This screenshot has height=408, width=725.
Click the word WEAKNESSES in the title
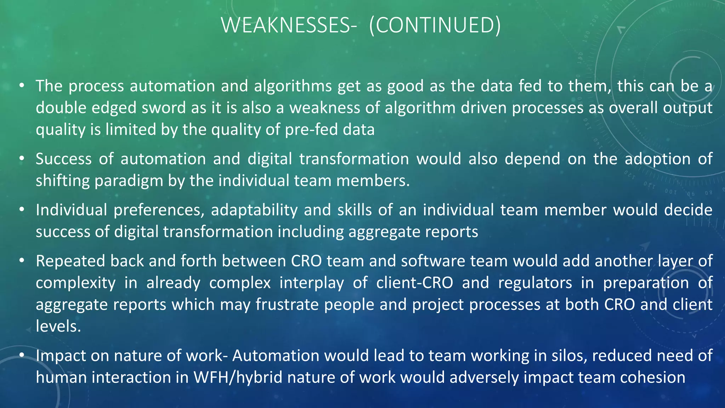[286, 25]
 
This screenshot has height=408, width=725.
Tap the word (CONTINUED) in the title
[435, 25]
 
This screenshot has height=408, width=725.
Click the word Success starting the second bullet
[64, 159]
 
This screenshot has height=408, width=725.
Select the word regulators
[535, 283]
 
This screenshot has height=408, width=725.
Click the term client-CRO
[415, 283]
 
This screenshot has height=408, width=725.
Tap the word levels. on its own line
[58, 326]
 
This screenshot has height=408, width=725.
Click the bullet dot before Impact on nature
[22, 355]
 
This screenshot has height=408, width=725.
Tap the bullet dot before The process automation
[22, 85]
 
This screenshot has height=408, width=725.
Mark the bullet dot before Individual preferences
[22, 210]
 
